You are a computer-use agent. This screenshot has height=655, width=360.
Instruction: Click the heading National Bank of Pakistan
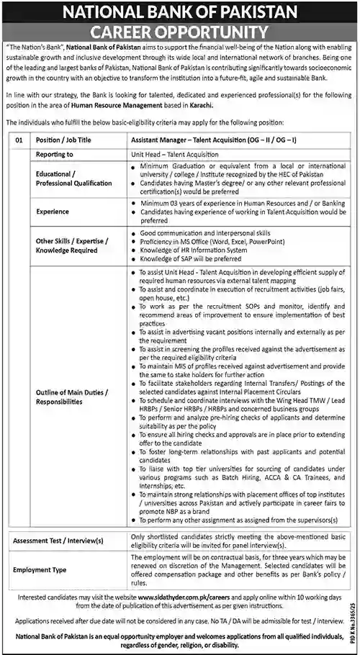(x=179, y=11)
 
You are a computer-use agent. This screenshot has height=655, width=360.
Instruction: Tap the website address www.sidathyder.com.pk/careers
(x=179, y=596)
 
